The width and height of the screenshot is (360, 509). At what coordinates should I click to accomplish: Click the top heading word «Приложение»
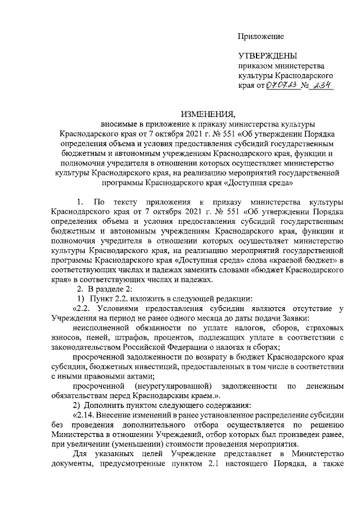262,37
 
